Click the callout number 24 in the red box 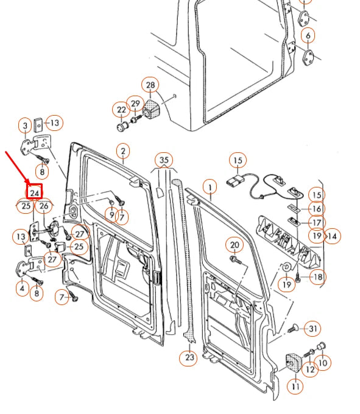pyautogui.click(x=35, y=192)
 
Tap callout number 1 pyautogui.click(x=211, y=186)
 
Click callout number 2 pyautogui.click(x=122, y=150)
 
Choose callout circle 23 pyautogui.click(x=189, y=357)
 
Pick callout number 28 pyautogui.click(x=150, y=85)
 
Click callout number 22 pyautogui.click(x=121, y=110)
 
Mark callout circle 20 pyautogui.click(x=235, y=245)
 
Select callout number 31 pyautogui.click(x=312, y=329)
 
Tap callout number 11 pyautogui.click(x=296, y=385)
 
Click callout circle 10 pyautogui.click(x=322, y=363)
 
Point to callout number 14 pyautogui.click(x=332, y=235)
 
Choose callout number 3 pyautogui.click(x=25, y=126)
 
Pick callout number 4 pyautogui.click(x=22, y=288)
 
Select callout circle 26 pyautogui.click(x=44, y=206)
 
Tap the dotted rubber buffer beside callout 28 pyautogui.click(x=151, y=110)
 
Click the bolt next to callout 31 pyautogui.click(x=291, y=329)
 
